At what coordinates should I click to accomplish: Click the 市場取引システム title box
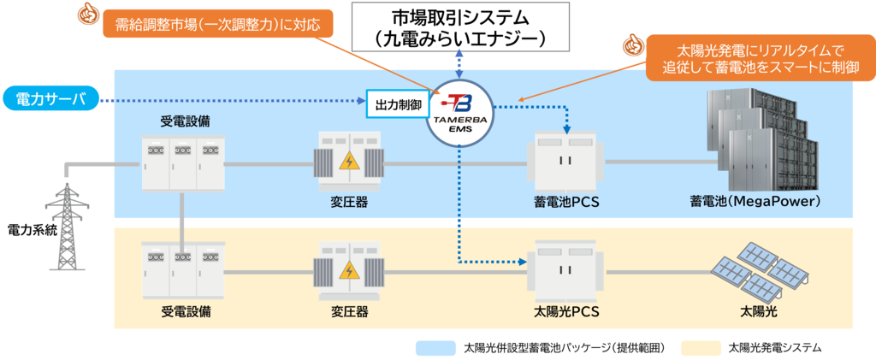(460, 27)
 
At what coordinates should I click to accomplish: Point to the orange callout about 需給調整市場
(217, 24)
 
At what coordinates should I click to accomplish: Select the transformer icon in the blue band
(349, 159)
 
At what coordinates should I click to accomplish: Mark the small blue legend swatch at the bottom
(435, 348)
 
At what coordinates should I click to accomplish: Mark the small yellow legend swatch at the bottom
(701, 348)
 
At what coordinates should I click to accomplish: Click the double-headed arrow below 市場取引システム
(460, 63)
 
